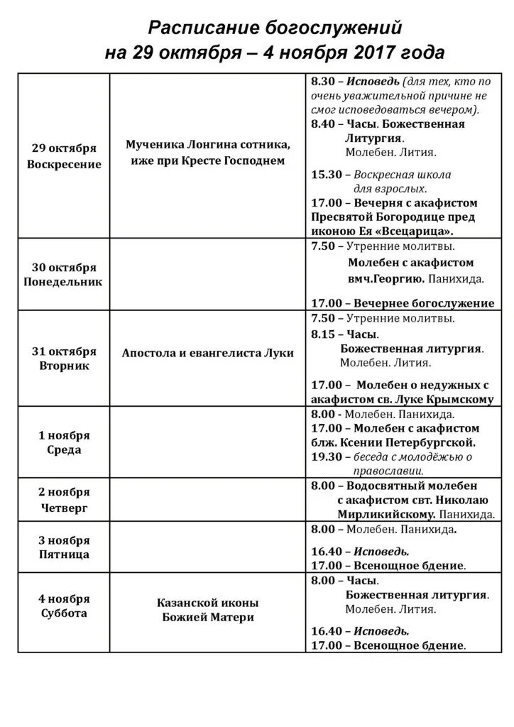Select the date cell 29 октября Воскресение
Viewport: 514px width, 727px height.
point(65,156)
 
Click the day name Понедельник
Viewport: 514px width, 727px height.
point(65,281)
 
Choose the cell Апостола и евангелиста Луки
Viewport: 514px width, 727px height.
point(208,353)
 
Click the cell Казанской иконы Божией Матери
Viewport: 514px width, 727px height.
point(208,610)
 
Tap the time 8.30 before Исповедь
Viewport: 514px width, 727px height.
point(323,82)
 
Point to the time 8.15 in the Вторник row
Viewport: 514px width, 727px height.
point(323,334)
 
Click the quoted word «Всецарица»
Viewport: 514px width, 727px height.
point(417,231)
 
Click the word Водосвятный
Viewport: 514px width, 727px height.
point(384,486)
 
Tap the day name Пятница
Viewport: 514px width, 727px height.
point(65,554)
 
